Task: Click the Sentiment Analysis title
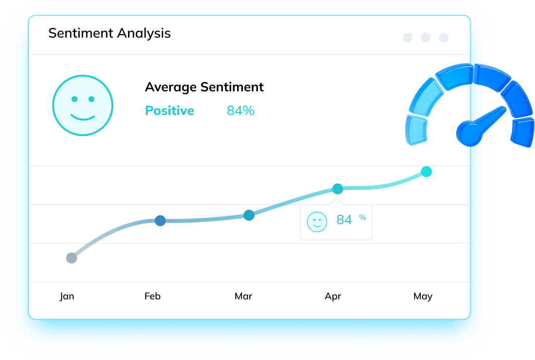[110, 33]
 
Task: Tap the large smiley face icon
[83, 105]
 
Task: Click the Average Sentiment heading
[204, 87]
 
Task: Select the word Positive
[169, 111]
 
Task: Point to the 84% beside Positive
[240, 111]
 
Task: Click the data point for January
[72, 258]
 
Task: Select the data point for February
[160, 221]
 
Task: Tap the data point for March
[249, 215]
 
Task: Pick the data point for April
[337, 189]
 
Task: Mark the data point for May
[426, 171]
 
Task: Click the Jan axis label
[67, 296]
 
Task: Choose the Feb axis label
[152, 296]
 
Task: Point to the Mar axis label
[243, 296]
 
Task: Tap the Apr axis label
[333, 296]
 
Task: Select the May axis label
[423, 296]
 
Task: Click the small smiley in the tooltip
[317, 222]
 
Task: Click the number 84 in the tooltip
[344, 220]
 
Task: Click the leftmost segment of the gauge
[416, 131]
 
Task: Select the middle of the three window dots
[426, 38]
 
